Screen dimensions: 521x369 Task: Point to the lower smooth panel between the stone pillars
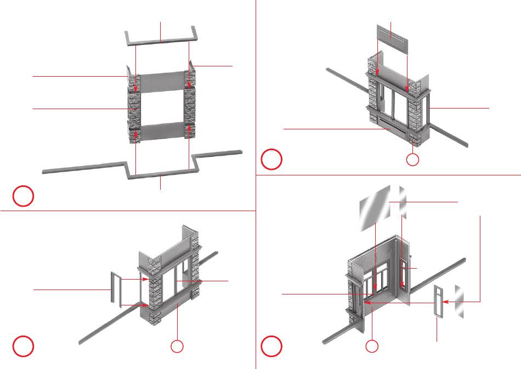(162, 132)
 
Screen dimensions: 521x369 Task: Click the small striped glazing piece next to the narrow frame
(460, 302)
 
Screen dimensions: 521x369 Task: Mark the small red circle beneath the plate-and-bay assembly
(413, 160)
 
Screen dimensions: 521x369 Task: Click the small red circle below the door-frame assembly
(177, 347)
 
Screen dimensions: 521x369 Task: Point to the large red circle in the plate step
(270, 159)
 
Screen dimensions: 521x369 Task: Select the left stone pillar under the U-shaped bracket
(135, 107)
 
